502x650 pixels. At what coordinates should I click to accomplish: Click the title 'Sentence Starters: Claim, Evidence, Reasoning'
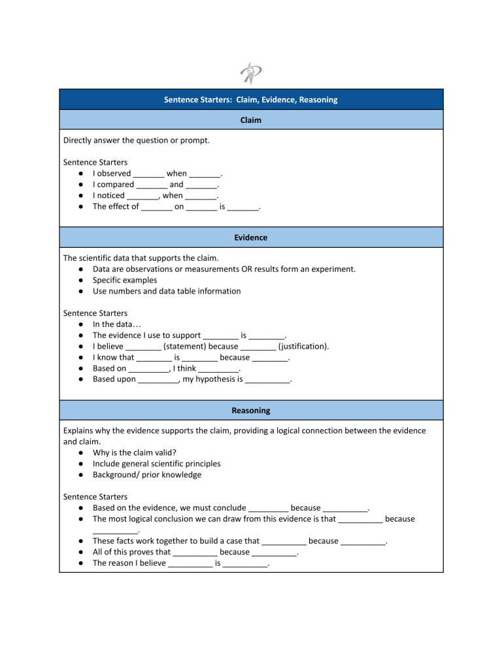tap(251, 99)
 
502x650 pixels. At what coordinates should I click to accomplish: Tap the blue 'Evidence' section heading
tap(251, 237)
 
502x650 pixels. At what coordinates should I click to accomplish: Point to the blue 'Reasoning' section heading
tap(251, 411)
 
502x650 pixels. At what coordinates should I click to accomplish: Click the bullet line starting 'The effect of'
tap(177, 207)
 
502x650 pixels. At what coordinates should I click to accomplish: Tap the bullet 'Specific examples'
tap(125, 280)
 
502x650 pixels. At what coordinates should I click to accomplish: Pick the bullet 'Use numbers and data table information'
tap(167, 291)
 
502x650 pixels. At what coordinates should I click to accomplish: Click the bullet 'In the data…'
tap(116, 324)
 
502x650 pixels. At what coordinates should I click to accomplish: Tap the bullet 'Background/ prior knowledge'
tap(147, 475)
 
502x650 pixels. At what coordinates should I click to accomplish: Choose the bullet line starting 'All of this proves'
tap(196, 552)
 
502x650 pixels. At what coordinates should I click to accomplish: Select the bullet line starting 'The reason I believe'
tap(182, 562)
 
